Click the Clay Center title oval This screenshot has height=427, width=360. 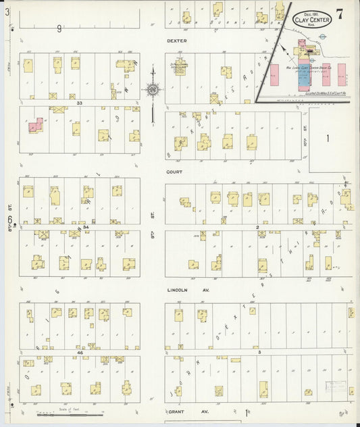[311, 20]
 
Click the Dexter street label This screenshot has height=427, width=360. [176, 41]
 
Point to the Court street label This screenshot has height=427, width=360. [176, 172]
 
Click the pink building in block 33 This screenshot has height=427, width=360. [34, 125]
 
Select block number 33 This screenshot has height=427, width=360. [79, 103]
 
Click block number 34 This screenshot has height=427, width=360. [86, 228]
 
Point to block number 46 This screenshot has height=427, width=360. [79, 353]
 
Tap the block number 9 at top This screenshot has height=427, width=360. [59, 28]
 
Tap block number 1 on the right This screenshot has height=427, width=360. [328, 138]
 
